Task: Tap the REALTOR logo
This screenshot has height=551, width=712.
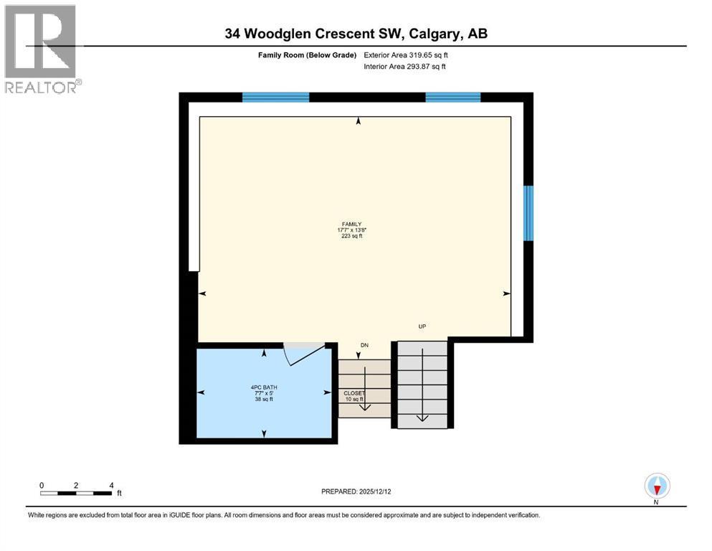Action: coord(41,49)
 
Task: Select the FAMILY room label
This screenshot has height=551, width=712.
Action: coord(351,223)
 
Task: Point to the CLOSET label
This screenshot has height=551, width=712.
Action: coord(354,393)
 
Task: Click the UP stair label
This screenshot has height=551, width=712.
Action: coord(422,326)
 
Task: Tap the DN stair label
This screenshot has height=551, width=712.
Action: coord(364,344)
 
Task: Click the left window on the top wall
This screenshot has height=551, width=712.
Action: coord(275,98)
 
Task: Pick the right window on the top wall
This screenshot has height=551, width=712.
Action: coord(452,98)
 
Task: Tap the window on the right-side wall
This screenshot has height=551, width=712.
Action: coord(528,213)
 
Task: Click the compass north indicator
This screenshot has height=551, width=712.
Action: coord(657,487)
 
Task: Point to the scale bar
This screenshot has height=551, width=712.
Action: coord(76,493)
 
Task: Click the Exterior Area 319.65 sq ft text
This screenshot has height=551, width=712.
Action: coord(406,55)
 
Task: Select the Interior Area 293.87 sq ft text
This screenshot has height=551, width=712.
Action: coord(405,67)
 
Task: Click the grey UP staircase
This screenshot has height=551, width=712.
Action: coord(423,385)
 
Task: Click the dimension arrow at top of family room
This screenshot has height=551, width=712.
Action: coord(358,121)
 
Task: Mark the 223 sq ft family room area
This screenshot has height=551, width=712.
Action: coord(352,236)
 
